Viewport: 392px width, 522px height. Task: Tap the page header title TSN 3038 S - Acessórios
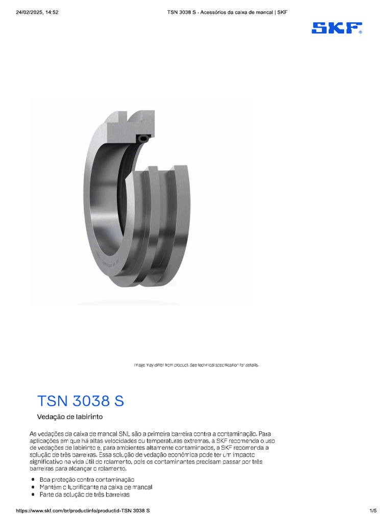coord(227,12)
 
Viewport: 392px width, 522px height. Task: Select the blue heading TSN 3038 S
coord(81,401)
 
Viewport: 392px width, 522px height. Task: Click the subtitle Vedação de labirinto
coord(70,416)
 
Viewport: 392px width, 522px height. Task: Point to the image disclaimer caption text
coord(197,365)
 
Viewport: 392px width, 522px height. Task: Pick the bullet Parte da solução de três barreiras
coord(84,494)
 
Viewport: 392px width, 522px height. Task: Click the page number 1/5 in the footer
coord(373,510)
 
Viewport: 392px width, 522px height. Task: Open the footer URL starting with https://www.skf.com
coord(83,510)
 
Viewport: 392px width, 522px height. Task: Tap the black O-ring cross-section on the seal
coord(142,138)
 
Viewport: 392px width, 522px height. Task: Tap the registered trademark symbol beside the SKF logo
coord(360,32)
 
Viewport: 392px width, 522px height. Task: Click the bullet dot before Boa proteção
coord(33,480)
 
